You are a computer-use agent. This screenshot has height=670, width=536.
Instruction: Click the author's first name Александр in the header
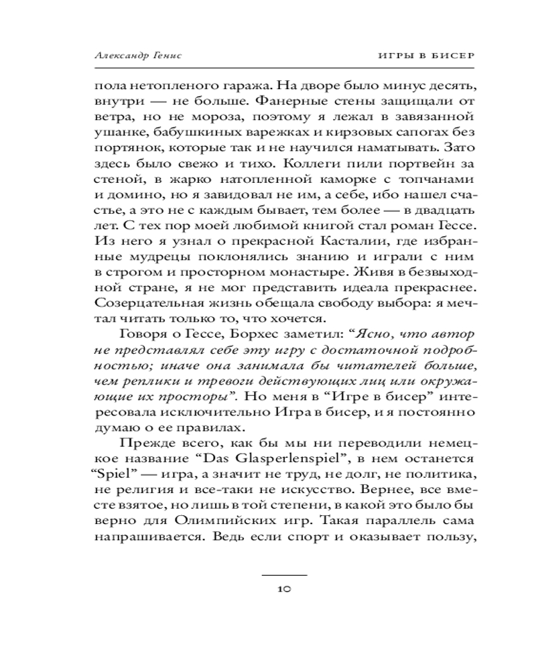click(120, 55)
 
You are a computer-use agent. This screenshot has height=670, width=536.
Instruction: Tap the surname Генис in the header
click(167, 55)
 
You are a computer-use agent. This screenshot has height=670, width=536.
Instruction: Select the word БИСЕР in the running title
click(450, 55)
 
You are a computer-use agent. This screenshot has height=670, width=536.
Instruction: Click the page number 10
click(283, 590)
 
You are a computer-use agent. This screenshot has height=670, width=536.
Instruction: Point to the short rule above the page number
click(283, 575)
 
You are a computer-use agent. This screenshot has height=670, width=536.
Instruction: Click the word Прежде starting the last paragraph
click(143, 444)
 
